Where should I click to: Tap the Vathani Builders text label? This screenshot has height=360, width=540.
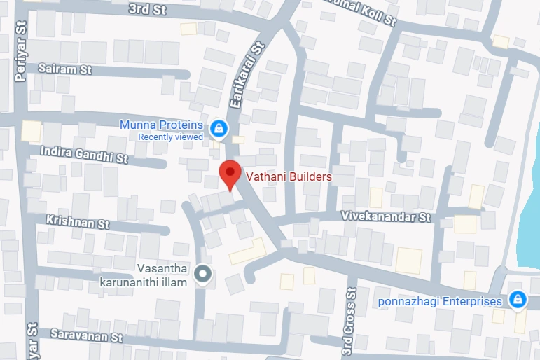click(287, 177)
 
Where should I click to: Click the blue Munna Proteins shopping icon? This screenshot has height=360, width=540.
click(219, 128)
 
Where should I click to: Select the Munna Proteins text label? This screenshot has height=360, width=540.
click(161, 125)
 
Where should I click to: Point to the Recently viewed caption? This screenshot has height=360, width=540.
click(170, 137)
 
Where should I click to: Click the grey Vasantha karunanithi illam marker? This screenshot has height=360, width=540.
click(203, 275)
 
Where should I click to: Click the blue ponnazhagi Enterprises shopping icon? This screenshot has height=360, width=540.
click(517, 300)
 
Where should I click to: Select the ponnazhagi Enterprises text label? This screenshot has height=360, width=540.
click(440, 302)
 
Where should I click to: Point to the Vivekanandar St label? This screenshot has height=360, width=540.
click(386, 217)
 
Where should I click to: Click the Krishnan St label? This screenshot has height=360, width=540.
click(77, 222)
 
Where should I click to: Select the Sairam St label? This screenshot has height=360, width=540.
click(65, 70)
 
